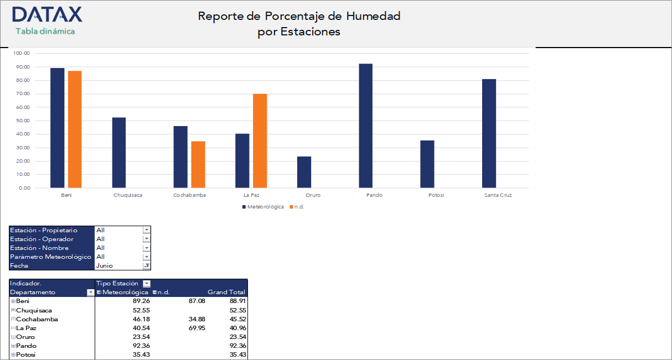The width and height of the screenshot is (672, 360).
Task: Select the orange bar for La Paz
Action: click(260, 141)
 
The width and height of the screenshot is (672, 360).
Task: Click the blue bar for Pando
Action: click(365, 126)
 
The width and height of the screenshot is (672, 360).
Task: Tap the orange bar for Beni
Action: click(75, 129)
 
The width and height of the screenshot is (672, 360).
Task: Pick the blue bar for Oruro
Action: click(304, 172)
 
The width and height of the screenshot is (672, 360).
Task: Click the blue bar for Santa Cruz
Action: click(489, 133)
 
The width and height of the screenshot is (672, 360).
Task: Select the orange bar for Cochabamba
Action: click(198, 164)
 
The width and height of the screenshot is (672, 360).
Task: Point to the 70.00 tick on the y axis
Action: click(23, 94)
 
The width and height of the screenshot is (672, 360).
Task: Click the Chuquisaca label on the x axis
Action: click(127, 195)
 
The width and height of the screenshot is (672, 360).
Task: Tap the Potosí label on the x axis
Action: click(436, 195)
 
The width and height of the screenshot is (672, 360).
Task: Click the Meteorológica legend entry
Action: click(263, 207)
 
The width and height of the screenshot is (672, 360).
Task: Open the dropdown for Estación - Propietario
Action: click(147, 230)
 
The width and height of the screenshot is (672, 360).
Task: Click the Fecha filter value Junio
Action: click(105, 265)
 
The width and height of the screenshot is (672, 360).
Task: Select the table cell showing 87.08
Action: click(196, 301)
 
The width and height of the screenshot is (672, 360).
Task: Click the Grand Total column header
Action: click(226, 292)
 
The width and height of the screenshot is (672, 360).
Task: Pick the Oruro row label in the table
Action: click(25, 337)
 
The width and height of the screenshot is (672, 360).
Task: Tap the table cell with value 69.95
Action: click(196, 328)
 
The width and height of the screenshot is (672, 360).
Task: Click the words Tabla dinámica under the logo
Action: click(45, 32)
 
